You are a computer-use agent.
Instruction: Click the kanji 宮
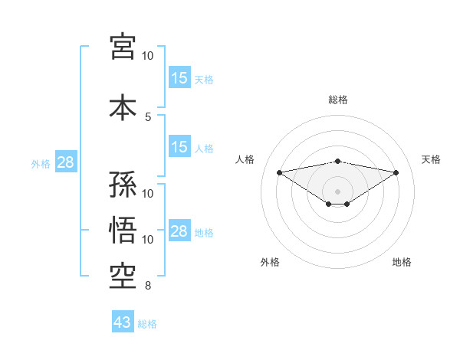click(123, 47)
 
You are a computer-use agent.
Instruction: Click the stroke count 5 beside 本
click(148, 116)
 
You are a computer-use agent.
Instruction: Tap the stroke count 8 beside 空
click(148, 286)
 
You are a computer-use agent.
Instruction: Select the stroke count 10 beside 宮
click(148, 56)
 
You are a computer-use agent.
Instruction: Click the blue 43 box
click(123, 323)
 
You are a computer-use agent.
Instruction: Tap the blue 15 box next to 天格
click(179, 77)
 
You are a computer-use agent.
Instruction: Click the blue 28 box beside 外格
click(65, 162)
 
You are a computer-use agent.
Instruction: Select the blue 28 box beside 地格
click(179, 231)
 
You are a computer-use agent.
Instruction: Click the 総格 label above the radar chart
click(338, 100)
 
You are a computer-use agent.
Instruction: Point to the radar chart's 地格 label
click(402, 262)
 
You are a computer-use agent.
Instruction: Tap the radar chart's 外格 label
click(270, 262)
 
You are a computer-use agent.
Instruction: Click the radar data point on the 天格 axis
click(396, 172)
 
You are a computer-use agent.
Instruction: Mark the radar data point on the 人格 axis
click(279, 172)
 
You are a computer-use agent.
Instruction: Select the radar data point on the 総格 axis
click(338, 161)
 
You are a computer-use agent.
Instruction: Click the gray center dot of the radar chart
click(338, 190)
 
